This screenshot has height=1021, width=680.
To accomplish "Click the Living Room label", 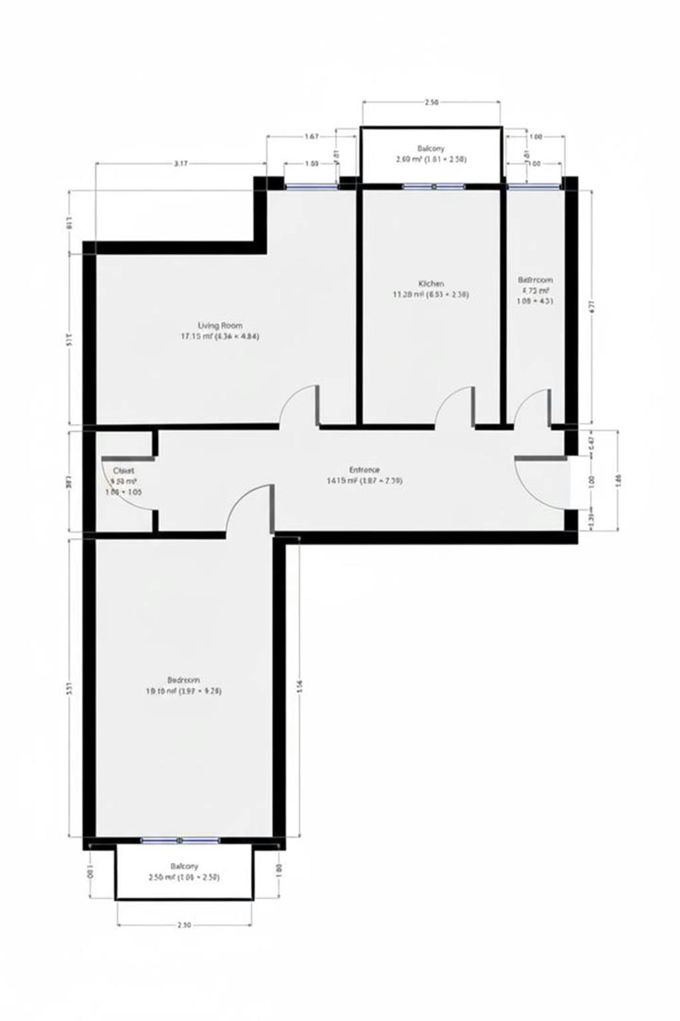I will click(220, 326).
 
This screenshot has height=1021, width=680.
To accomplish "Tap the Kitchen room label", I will click(431, 283).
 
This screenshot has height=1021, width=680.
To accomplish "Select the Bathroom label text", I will click(535, 280).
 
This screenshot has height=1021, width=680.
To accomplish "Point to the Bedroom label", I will click(183, 680).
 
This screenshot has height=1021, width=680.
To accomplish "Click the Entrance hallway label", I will click(365, 469).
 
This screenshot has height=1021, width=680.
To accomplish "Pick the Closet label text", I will click(124, 470).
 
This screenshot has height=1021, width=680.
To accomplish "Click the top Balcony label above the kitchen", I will click(431, 148).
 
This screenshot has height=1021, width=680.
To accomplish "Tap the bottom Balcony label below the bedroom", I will click(184, 866).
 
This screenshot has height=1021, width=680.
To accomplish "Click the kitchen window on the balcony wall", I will click(433, 187).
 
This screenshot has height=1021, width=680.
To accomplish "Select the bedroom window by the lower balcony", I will click(181, 841).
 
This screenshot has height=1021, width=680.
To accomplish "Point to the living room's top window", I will click(311, 187).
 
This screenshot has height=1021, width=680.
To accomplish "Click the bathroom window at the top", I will click(533, 187).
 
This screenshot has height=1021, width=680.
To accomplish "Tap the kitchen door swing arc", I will click(453, 403).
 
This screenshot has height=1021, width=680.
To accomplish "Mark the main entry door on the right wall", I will click(539, 483).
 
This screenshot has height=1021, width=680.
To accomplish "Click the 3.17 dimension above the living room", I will click(180, 163).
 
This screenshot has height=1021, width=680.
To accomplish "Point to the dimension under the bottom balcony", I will click(184, 925).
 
